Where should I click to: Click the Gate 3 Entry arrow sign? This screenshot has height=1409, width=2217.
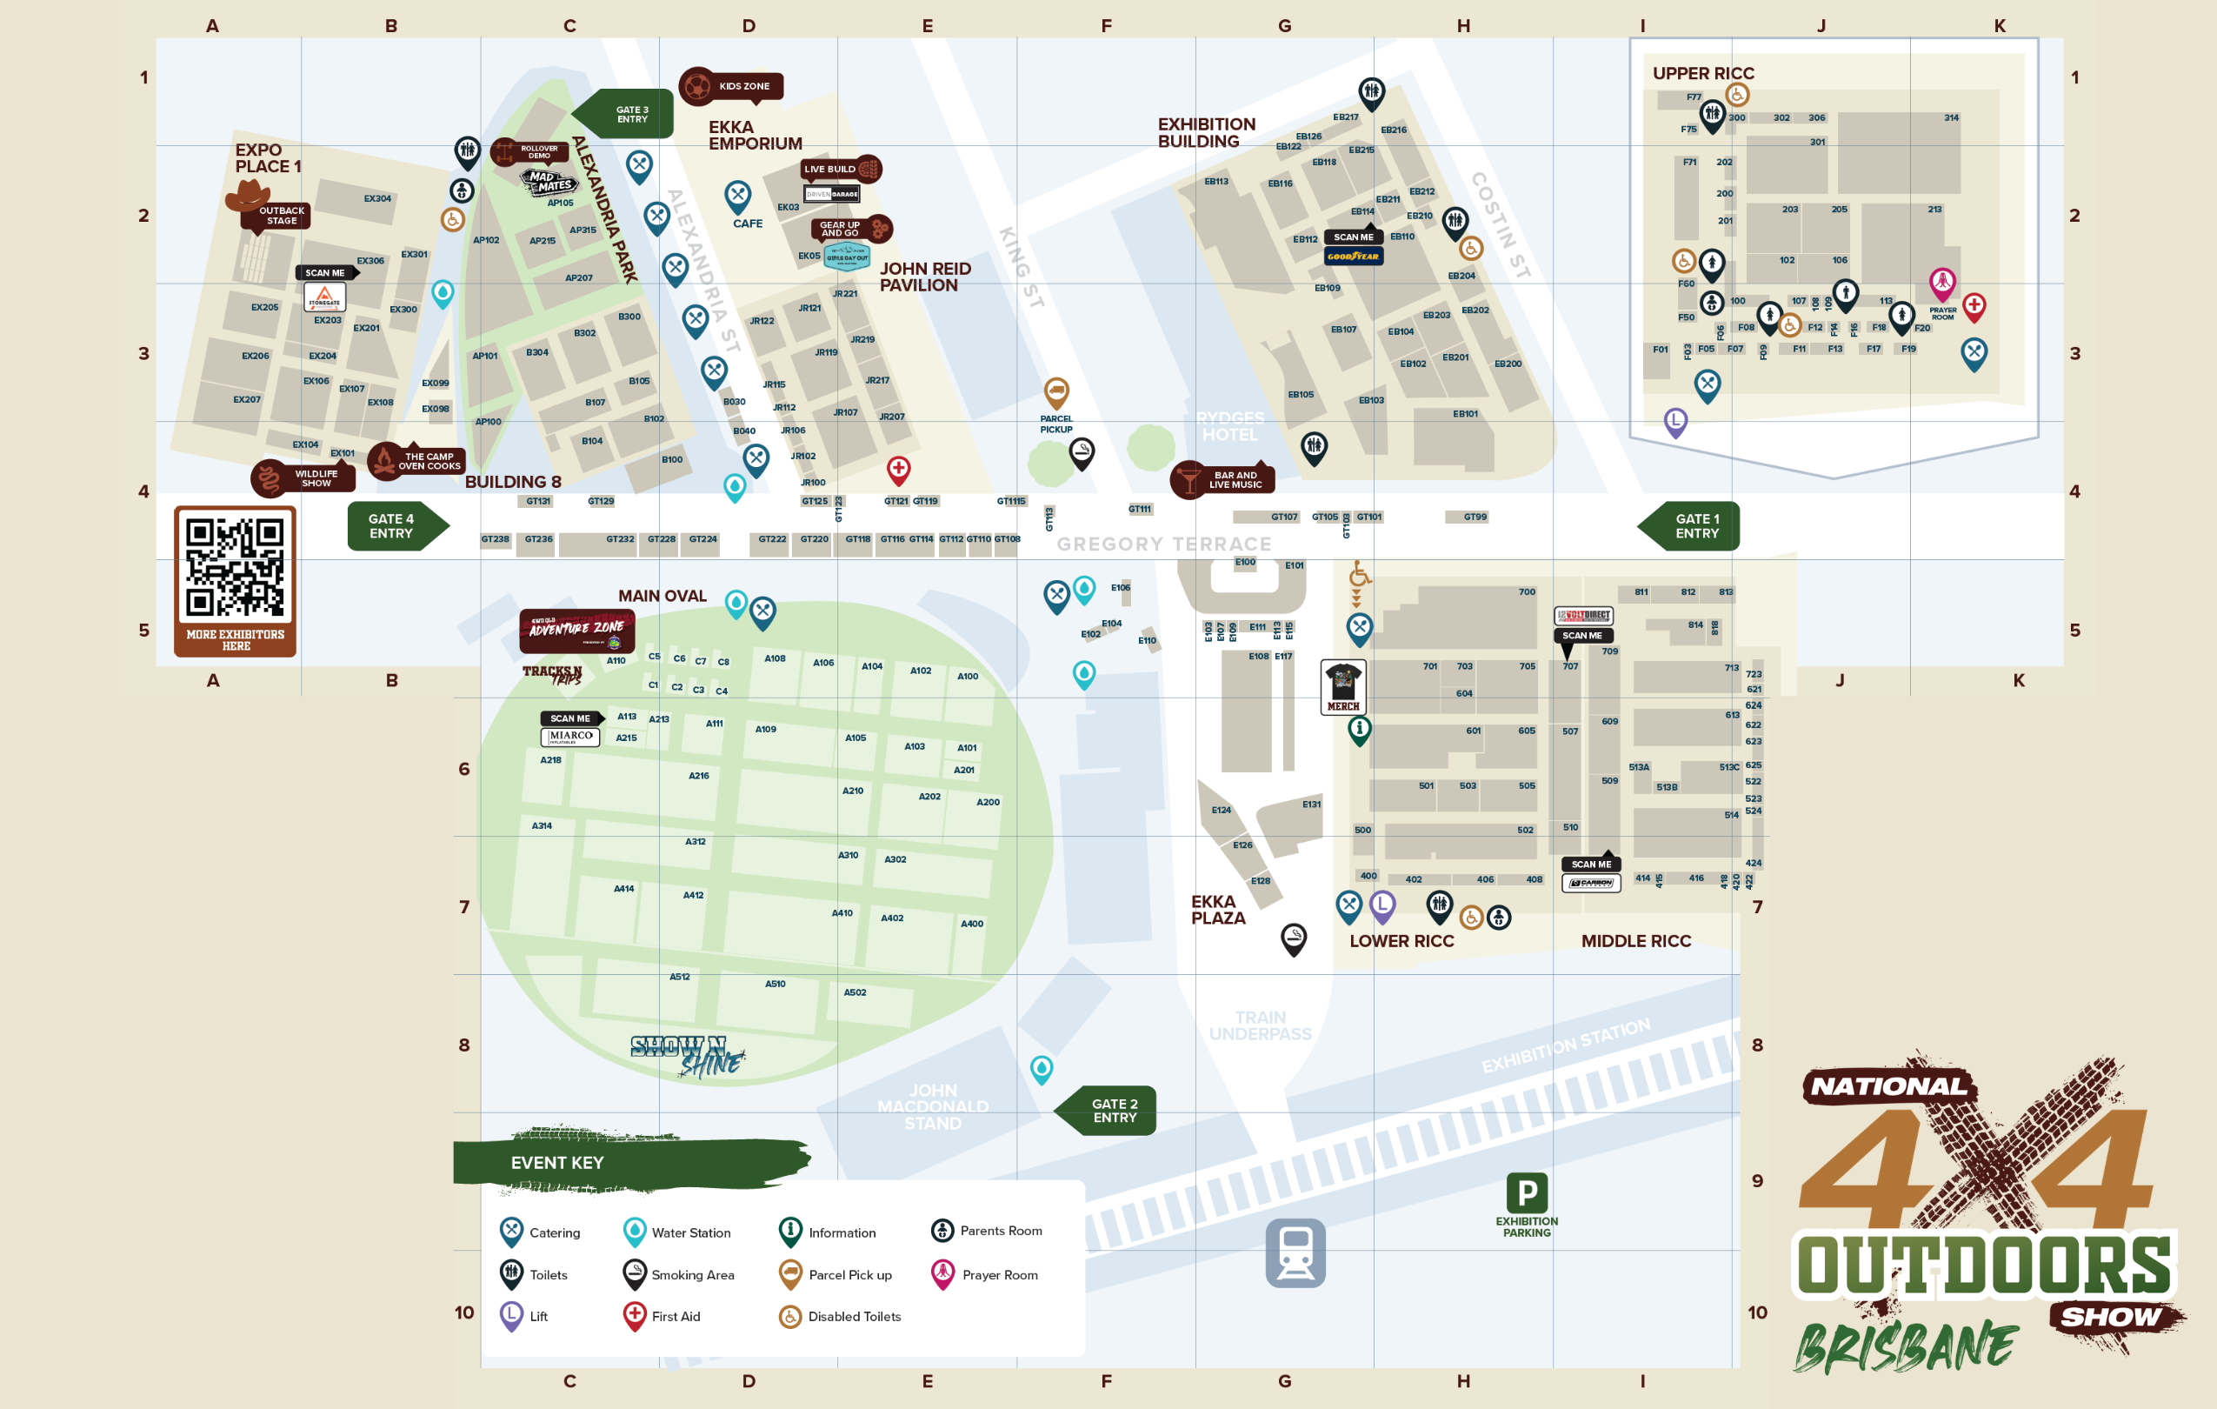click(x=626, y=114)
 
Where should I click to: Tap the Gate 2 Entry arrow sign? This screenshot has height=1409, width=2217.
click(x=1108, y=1111)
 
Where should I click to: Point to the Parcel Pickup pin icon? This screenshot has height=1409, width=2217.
click(x=1056, y=393)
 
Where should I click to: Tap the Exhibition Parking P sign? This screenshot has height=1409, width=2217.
click(x=1527, y=1193)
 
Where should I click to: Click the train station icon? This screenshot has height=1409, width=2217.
click(x=1295, y=1252)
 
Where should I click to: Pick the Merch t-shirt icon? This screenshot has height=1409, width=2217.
click(x=1342, y=684)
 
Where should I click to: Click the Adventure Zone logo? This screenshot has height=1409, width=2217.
click(x=576, y=630)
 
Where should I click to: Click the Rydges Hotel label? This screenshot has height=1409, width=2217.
click(x=1229, y=426)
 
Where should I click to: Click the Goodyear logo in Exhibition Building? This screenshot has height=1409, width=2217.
click(x=1353, y=257)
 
